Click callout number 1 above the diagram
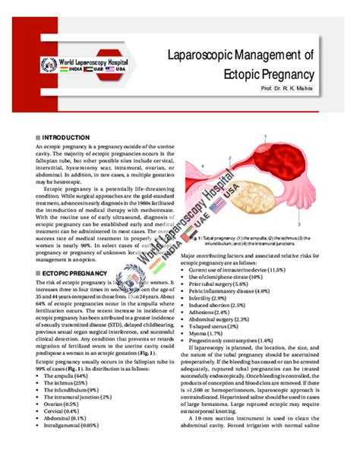click(266, 136)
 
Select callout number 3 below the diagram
click(300, 226)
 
